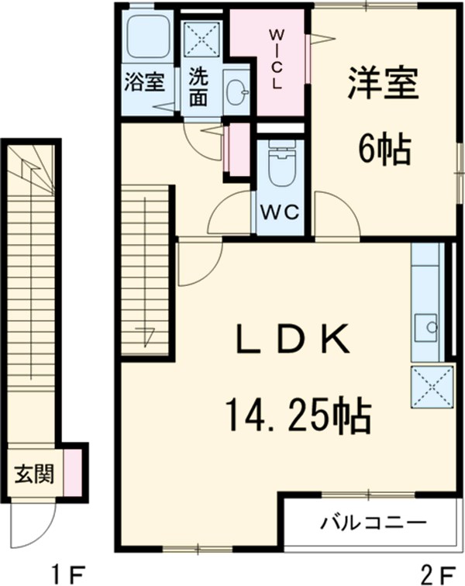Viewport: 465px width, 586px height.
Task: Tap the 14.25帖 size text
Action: (x=298, y=415)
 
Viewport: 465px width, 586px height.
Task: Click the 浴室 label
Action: (x=144, y=81)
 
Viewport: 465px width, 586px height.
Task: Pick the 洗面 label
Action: (x=199, y=87)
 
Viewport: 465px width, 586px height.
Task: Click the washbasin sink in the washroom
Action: (x=236, y=92)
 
